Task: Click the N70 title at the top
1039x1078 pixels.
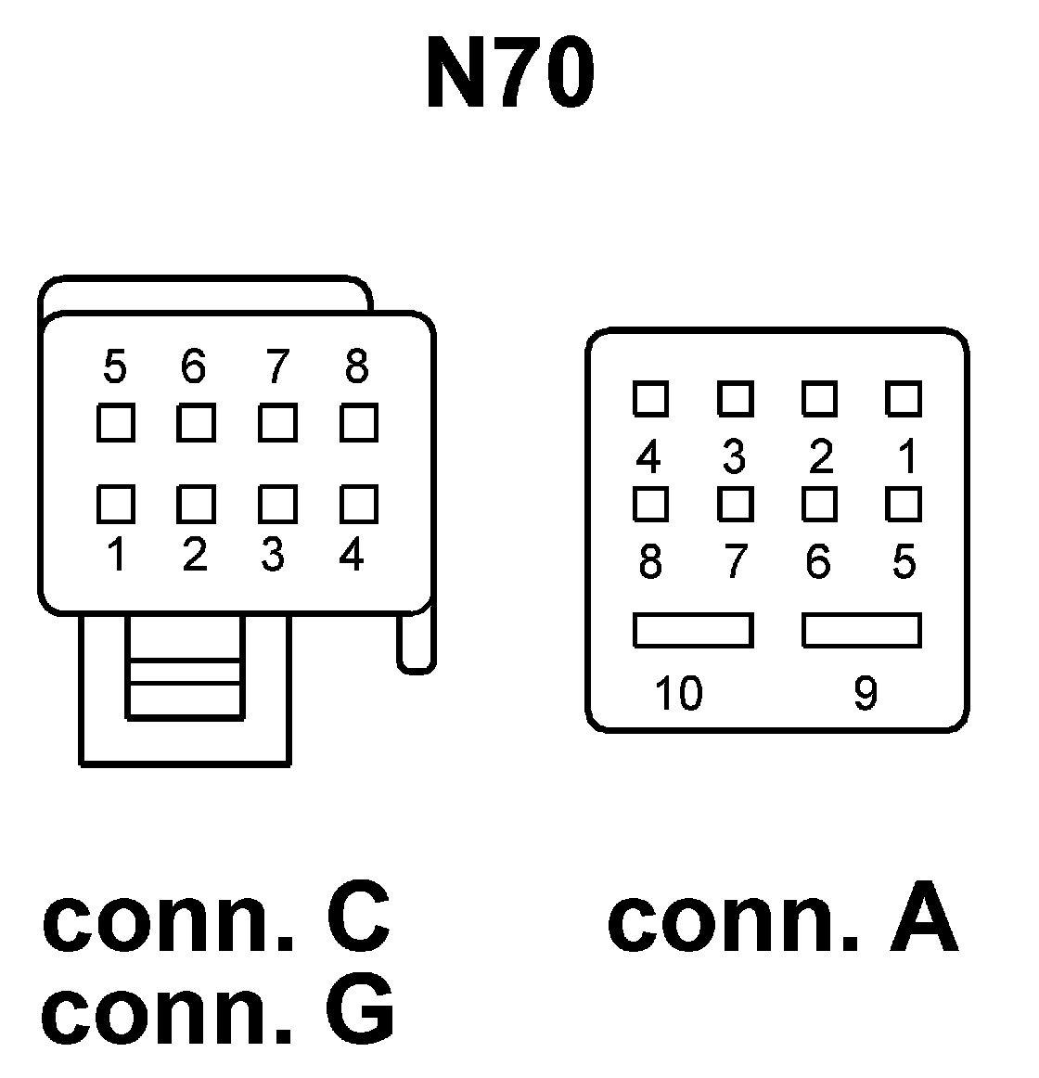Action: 509,74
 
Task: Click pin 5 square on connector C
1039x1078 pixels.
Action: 116,423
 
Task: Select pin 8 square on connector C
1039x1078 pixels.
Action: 358,423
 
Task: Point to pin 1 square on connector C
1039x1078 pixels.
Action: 116,504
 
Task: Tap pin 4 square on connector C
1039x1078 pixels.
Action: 358,504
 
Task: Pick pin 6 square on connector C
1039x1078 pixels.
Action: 196,423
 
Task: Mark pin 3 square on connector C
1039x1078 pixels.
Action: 277,504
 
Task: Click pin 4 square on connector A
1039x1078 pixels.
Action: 650,399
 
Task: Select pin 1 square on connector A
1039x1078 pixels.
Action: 904,399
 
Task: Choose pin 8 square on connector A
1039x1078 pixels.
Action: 650,504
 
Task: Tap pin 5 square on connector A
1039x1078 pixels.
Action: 904,504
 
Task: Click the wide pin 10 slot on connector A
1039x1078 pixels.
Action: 693,630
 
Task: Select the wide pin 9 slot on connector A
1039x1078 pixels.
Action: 862,630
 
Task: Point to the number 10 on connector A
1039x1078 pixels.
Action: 678,692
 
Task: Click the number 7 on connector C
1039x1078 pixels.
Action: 276,367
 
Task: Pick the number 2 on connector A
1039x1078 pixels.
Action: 821,456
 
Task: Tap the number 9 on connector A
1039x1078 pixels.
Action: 865,692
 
